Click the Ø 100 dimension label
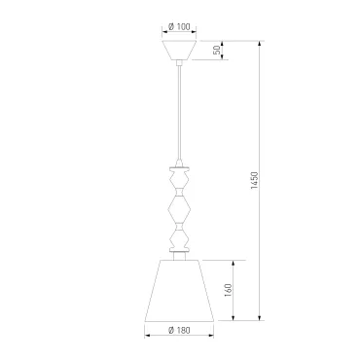coord(179,26)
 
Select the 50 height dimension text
coord(217,50)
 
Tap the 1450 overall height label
coord(254,181)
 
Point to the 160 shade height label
coord(229,290)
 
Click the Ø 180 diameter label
coord(179,330)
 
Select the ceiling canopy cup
coord(179,51)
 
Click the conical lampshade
coord(179,291)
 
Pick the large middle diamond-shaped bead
coord(179,209)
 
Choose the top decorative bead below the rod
coord(179,178)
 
